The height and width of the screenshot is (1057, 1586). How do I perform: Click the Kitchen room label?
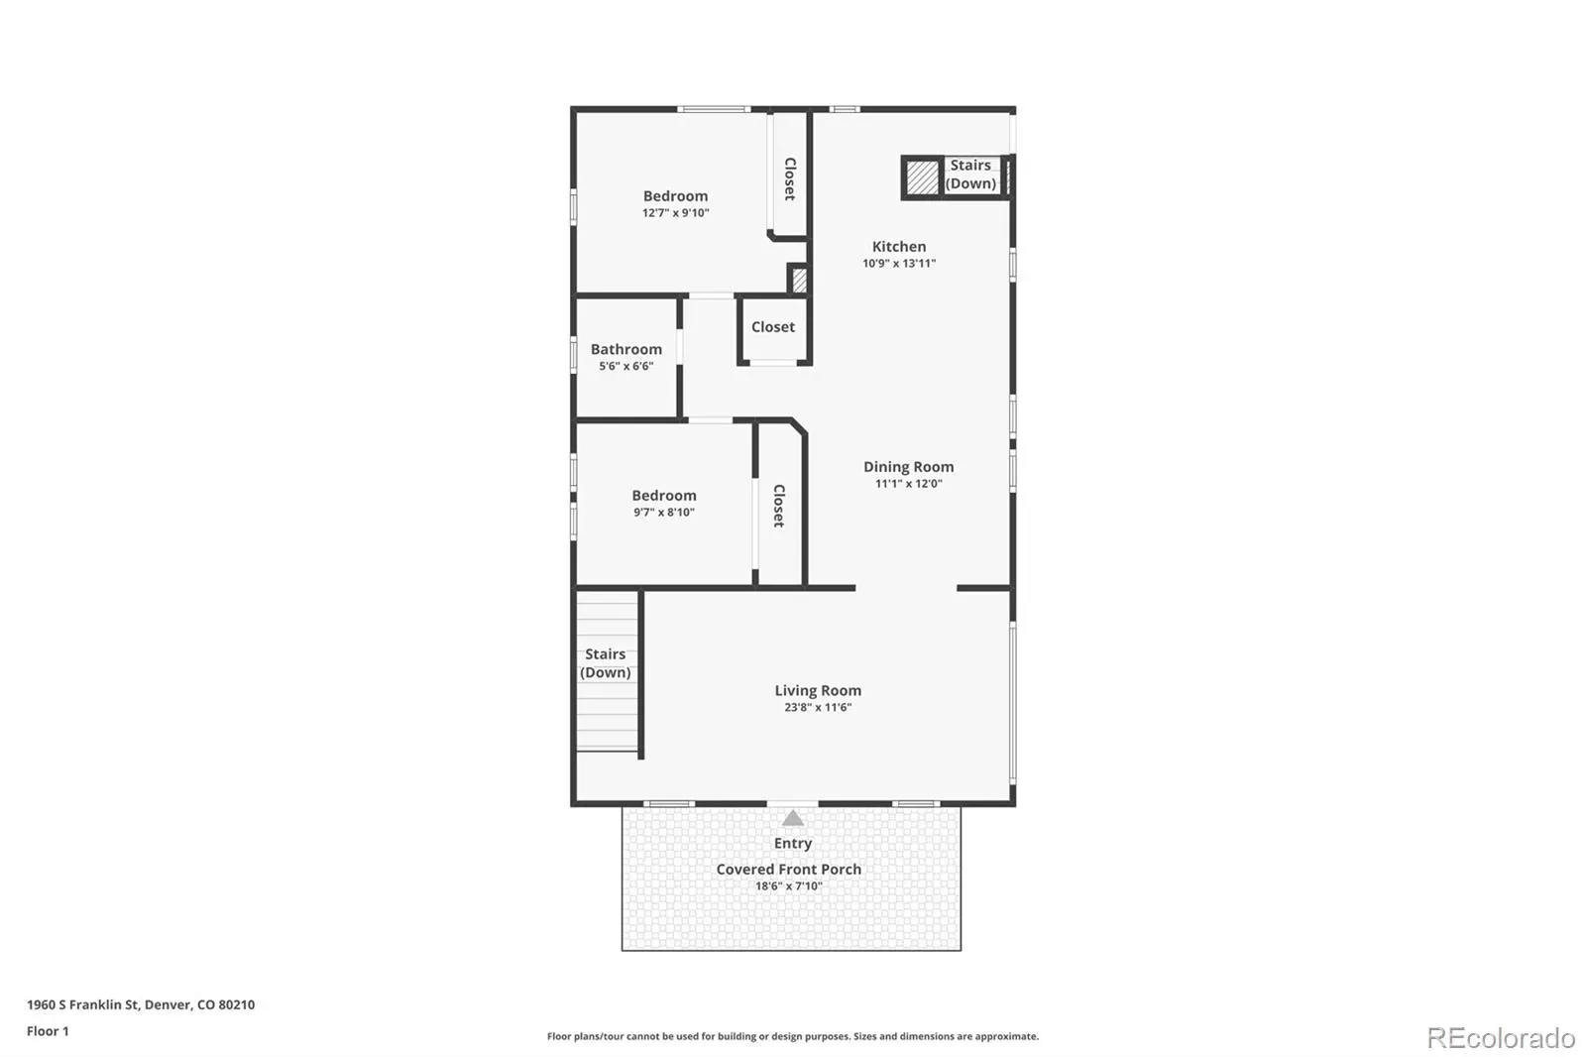click(x=898, y=247)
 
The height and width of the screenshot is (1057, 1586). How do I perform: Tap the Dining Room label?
click(x=908, y=467)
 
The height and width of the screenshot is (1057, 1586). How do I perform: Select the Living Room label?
click(x=818, y=691)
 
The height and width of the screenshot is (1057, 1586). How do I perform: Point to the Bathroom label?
click(x=625, y=349)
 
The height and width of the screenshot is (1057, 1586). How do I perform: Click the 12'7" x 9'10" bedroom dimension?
click(x=675, y=213)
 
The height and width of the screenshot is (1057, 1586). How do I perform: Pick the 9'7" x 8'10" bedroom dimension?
click(x=664, y=513)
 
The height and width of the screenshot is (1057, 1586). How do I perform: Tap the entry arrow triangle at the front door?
click(x=793, y=818)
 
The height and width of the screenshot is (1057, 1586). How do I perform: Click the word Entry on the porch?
click(x=793, y=843)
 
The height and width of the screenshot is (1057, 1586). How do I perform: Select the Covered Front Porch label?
click(x=789, y=870)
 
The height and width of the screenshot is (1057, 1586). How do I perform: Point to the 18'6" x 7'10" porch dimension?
click(x=789, y=886)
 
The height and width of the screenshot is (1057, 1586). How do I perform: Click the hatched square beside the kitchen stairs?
click(x=923, y=177)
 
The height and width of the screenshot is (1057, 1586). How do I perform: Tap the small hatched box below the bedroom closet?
click(x=799, y=280)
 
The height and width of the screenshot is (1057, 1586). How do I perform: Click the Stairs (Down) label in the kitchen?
click(x=970, y=175)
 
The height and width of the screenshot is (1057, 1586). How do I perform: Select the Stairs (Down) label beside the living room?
click(x=606, y=663)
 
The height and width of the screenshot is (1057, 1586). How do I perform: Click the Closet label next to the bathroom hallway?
click(x=773, y=327)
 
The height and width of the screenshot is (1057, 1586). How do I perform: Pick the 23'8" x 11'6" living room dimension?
click(x=818, y=708)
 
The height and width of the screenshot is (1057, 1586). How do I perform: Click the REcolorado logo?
click(x=1501, y=1038)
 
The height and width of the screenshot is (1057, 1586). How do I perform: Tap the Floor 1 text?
click(x=49, y=1031)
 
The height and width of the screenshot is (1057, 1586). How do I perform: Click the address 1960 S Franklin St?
click(x=83, y=1004)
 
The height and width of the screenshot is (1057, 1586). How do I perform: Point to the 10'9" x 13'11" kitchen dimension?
click(x=899, y=264)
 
